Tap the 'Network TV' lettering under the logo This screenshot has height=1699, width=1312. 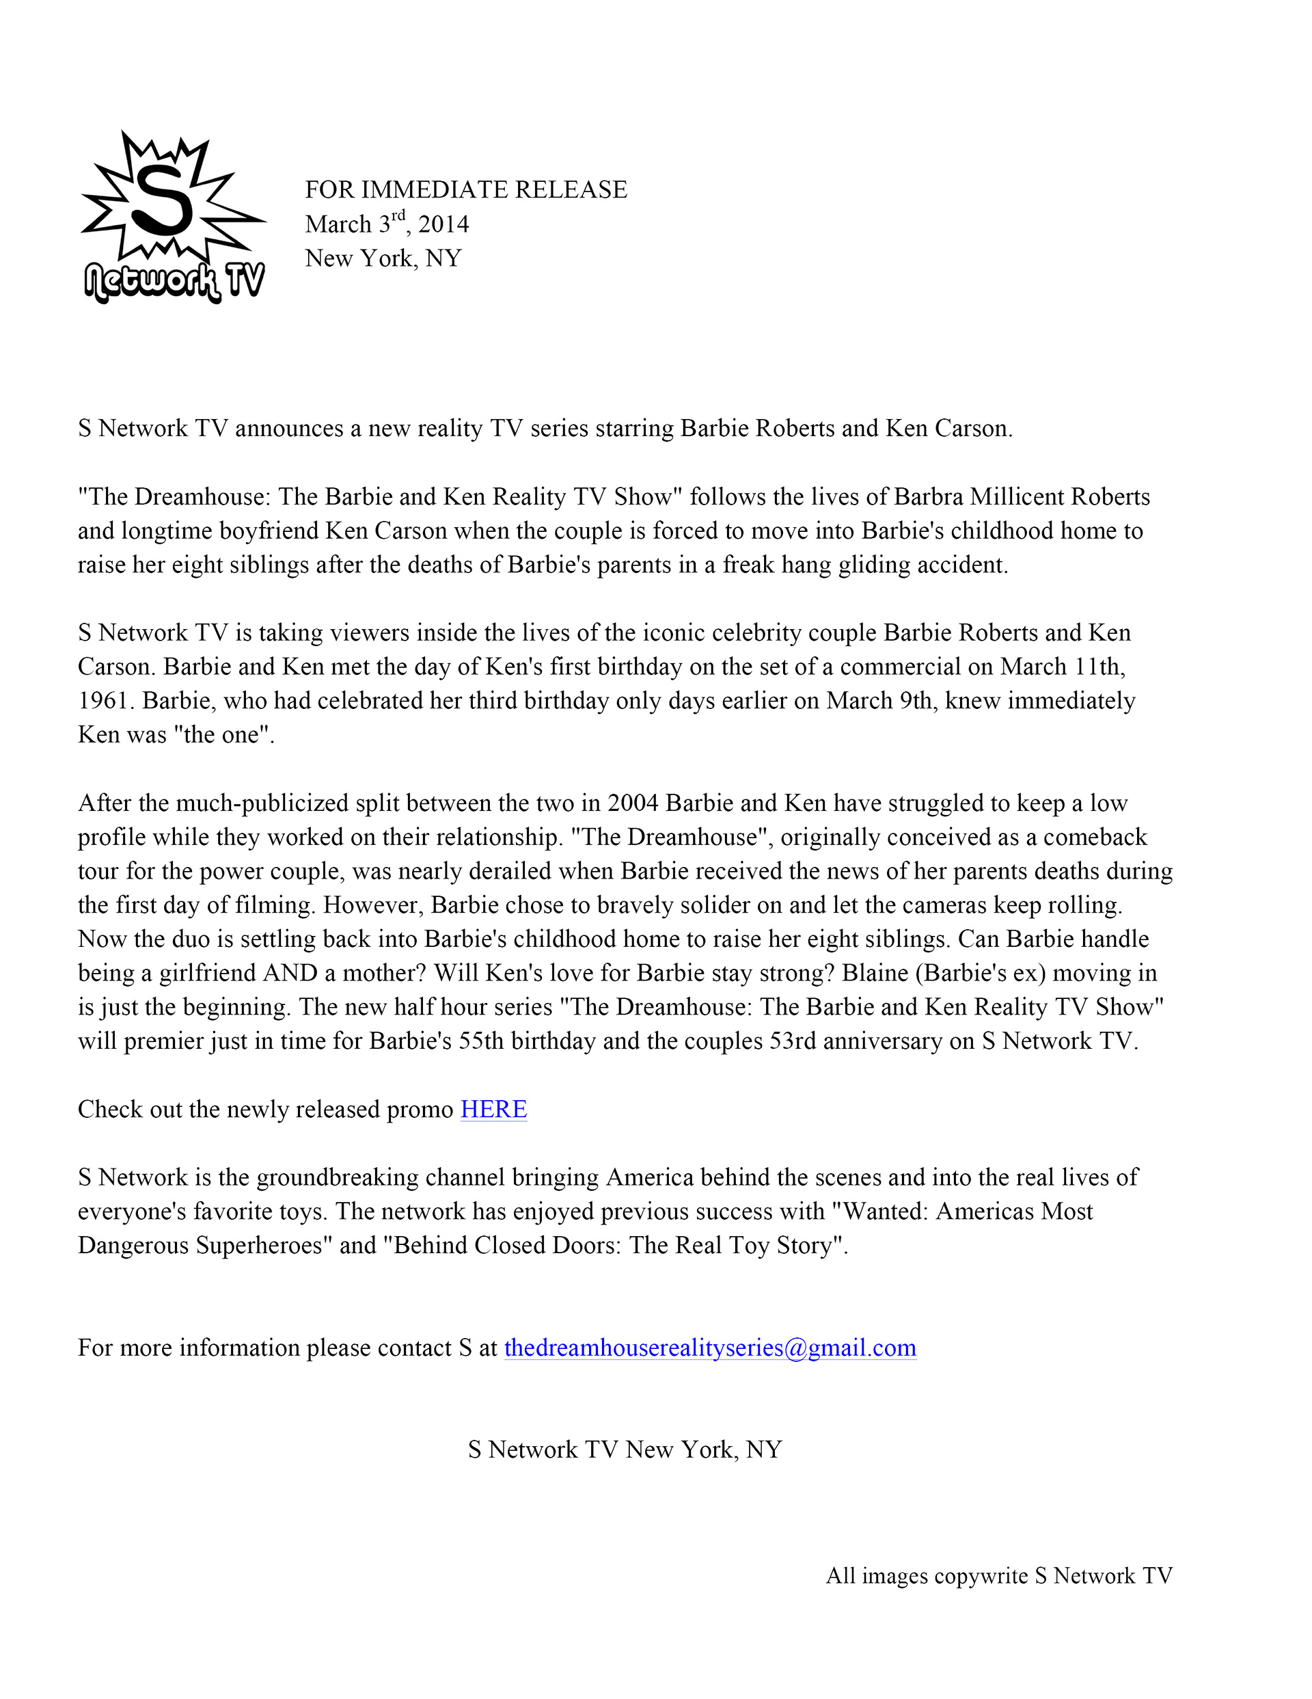point(174,281)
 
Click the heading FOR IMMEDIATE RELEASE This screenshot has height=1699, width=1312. point(465,190)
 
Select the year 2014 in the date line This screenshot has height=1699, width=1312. point(443,225)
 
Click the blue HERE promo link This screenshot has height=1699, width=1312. point(493,1110)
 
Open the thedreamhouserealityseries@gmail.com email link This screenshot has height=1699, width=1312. point(709,1348)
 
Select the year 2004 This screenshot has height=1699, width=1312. point(633,803)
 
